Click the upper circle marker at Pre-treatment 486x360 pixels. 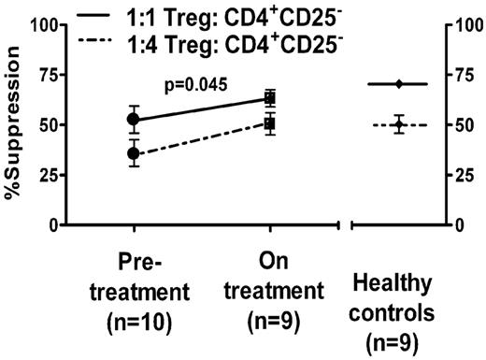point(134,119)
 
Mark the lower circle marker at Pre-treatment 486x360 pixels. point(134,153)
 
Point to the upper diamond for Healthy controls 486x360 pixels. point(398,84)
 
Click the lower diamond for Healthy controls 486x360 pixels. point(398,125)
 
